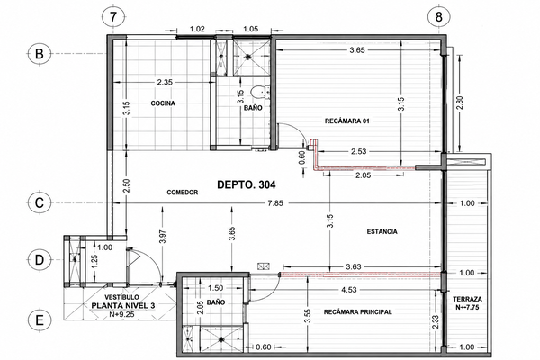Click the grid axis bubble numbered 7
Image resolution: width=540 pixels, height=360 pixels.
tap(114, 16)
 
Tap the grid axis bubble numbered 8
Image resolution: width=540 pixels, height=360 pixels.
tap(438, 16)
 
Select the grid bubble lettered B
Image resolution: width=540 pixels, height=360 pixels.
tap(40, 54)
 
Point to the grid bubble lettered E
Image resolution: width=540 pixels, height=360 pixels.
tap(40, 320)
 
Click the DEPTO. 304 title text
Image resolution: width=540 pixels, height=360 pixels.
tap(247, 185)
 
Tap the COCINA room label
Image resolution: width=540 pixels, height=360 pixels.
tap(163, 103)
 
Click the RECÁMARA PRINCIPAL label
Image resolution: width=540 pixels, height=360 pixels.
tap(358, 312)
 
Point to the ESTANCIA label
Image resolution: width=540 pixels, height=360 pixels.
tap(382, 232)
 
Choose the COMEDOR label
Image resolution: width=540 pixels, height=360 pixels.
tap(183, 193)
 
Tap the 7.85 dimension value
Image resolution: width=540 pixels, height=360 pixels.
tap(275, 203)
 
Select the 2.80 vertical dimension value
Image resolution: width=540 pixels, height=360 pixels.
tap(460, 103)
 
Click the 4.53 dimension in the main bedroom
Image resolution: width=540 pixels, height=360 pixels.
tap(349, 290)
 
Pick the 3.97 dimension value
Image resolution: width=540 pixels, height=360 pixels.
tap(163, 237)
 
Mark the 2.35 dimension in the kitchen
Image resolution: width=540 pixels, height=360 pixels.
tap(165, 82)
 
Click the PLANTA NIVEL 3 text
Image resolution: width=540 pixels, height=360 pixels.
tap(123, 306)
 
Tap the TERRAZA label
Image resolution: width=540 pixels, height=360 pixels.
tap(467, 299)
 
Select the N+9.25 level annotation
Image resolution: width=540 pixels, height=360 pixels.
tap(121, 314)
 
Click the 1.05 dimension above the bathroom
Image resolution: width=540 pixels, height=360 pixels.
tap(250, 30)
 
